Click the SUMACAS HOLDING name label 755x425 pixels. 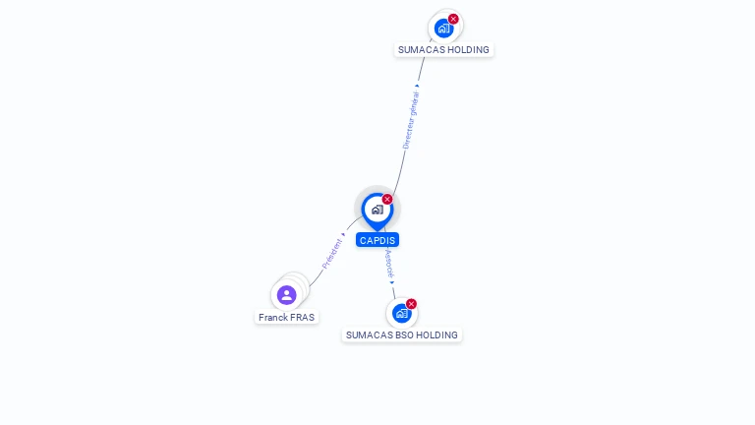pyautogui.click(x=443, y=49)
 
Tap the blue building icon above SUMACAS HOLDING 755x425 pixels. pyautogui.click(x=443, y=29)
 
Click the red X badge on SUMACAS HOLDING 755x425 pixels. pyautogui.click(x=453, y=19)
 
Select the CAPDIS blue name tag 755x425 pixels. pyautogui.click(x=377, y=240)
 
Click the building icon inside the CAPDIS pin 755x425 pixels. pyautogui.click(x=377, y=210)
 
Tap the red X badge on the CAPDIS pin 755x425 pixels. pyautogui.click(x=387, y=199)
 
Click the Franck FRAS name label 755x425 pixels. pyautogui.click(x=286, y=317)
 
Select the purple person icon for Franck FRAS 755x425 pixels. pyautogui.click(x=286, y=295)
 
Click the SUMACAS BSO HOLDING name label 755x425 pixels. pyautogui.click(x=401, y=334)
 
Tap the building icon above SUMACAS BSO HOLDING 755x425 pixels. pyautogui.click(x=401, y=313)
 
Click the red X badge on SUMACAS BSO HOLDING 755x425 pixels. pyautogui.click(x=411, y=304)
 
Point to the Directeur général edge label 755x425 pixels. pyautogui.click(x=411, y=120)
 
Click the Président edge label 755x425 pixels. pyautogui.click(x=331, y=254)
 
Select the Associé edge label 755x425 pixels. pyautogui.click(x=389, y=263)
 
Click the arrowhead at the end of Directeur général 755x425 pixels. pyautogui.click(x=417, y=87)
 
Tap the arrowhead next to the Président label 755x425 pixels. pyautogui.click(x=343, y=235)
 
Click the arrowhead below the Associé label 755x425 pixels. pyautogui.click(x=392, y=283)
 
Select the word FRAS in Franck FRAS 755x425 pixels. pyautogui.click(x=303, y=317)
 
